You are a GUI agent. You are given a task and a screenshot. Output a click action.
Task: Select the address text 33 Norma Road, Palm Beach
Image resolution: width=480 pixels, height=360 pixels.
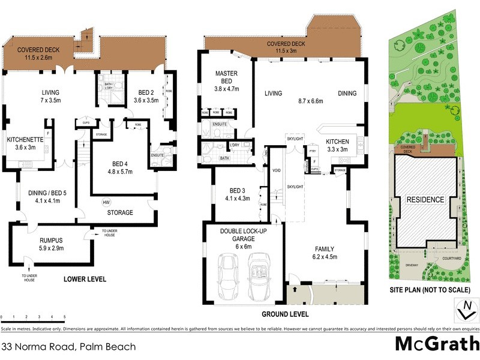click(x=69, y=346)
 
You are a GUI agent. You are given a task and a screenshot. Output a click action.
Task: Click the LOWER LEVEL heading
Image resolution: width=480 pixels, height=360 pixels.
click(x=85, y=279)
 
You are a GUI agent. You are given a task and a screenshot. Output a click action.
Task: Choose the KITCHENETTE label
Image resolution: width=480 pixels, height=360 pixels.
click(x=25, y=139)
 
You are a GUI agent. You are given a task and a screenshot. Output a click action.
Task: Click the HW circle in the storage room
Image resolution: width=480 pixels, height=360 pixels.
click(x=106, y=202)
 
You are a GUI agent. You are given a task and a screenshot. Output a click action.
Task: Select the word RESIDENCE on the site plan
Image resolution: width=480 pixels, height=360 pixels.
click(x=426, y=200)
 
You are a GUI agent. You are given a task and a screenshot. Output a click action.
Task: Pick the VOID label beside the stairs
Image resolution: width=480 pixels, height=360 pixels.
click(x=277, y=169)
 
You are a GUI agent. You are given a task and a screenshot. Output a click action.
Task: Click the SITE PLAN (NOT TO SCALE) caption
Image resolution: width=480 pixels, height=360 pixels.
click(x=428, y=290)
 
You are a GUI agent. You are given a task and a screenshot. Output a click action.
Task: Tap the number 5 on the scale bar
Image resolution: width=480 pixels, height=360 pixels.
click(x=64, y=316)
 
